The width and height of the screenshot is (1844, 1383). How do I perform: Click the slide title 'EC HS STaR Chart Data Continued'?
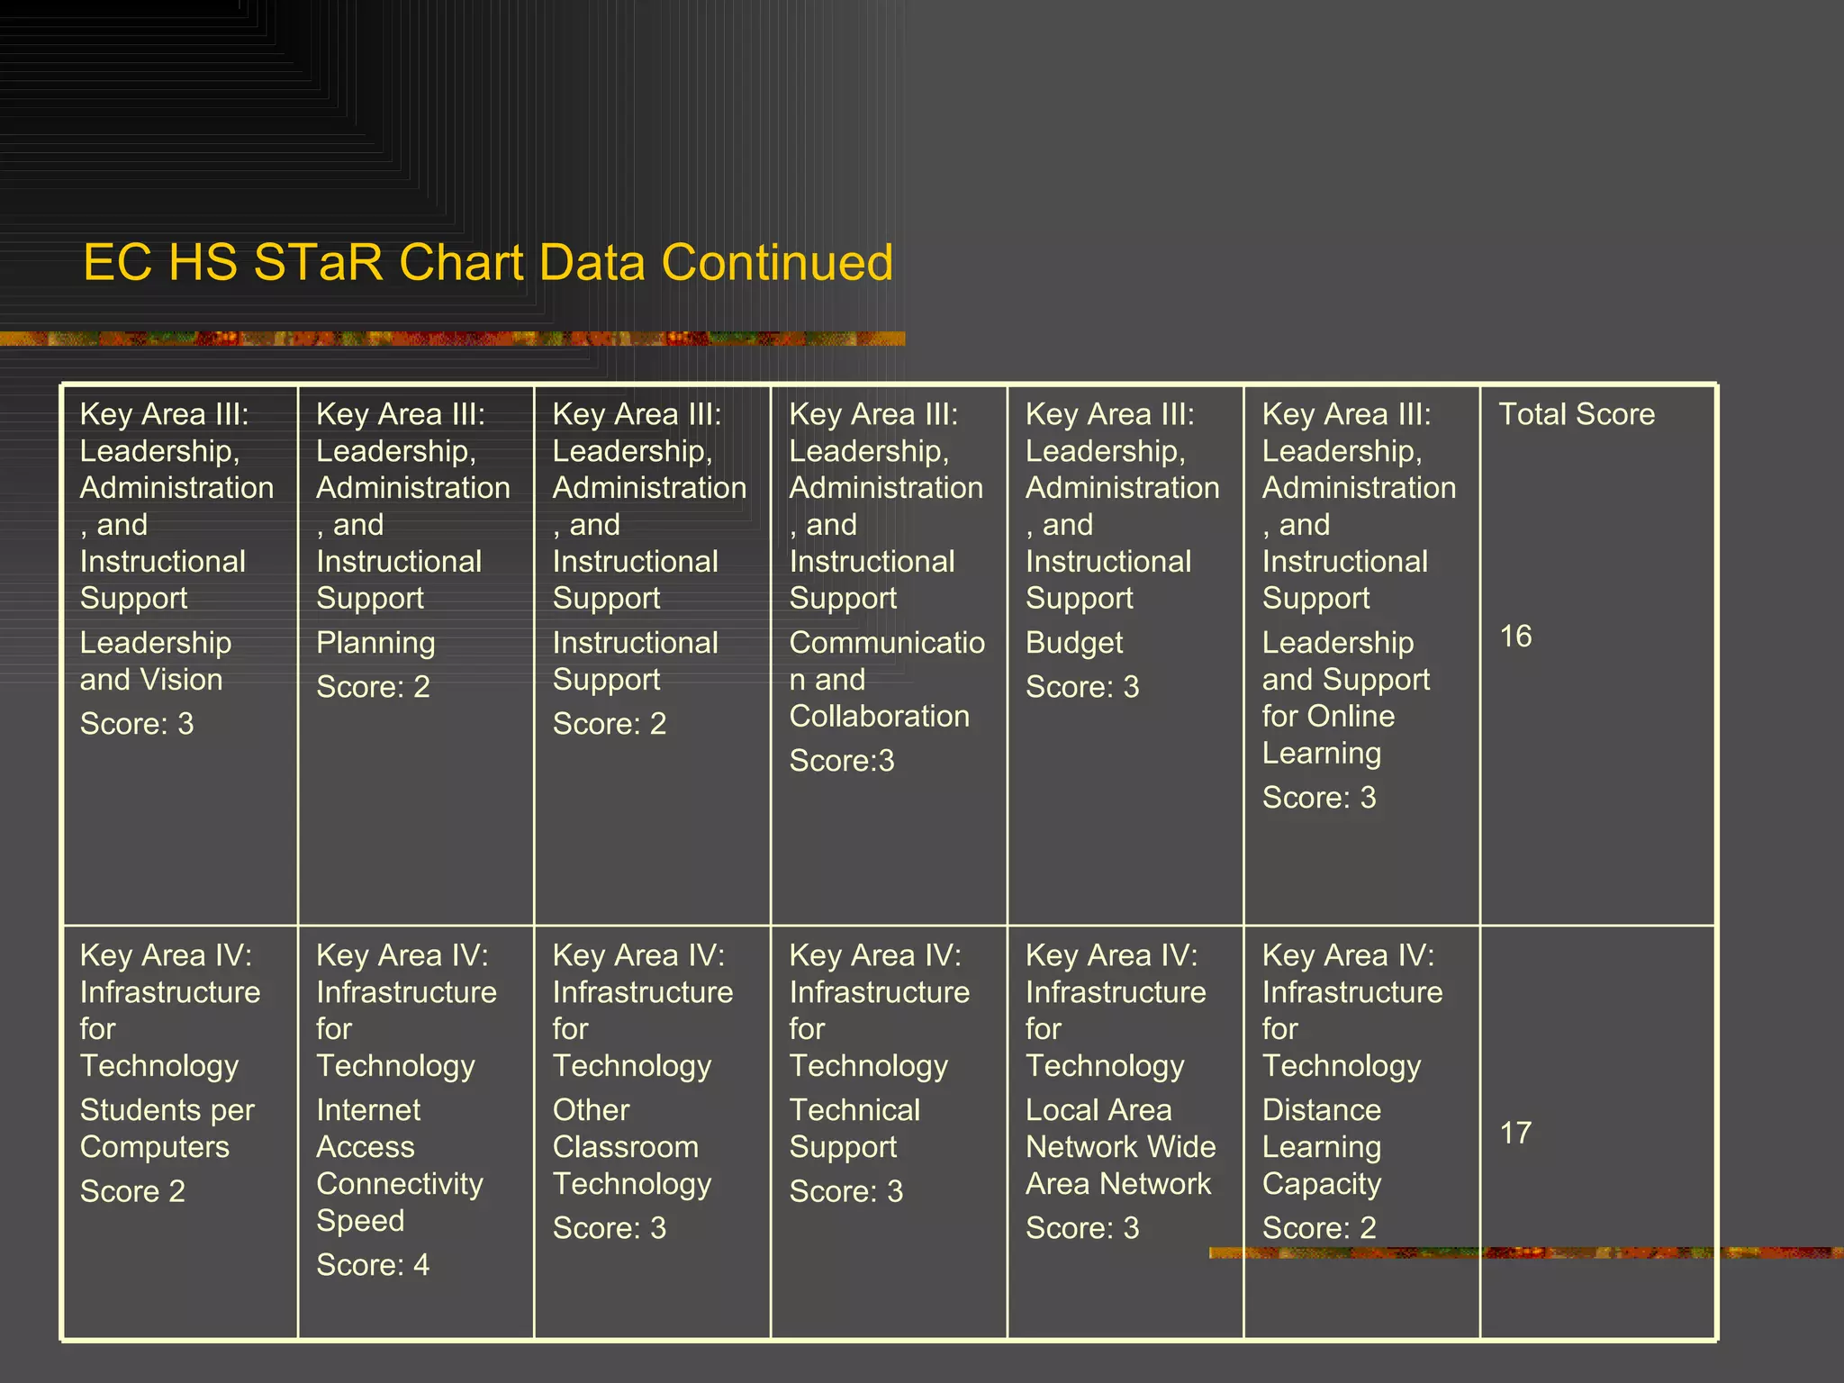pyautogui.click(x=488, y=263)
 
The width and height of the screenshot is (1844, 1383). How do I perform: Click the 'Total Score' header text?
pyautogui.click(x=1577, y=414)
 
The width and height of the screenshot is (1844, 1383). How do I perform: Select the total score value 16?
pyautogui.click(x=1515, y=637)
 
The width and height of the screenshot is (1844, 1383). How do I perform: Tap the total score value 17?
pyautogui.click(x=1515, y=1133)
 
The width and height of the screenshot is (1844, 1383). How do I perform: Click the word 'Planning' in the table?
pyautogui.click(x=375, y=643)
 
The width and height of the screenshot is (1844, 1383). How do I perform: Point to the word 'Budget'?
pyautogui.click(x=1074, y=643)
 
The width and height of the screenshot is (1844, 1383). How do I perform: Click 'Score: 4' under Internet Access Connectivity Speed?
pyautogui.click(x=373, y=1265)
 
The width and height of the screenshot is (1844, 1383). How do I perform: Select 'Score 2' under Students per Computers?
pyautogui.click(x=132, y=1191)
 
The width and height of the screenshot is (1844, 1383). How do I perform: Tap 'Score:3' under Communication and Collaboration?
pyautogui.click(x=842, y=761)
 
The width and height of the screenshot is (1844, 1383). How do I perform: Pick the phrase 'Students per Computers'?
pyautogui.click(x=167, y=1128)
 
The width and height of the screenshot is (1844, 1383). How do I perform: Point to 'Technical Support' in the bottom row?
pyautogui.click(x=854, y=1128)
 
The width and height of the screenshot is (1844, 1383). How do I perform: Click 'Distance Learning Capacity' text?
pyautogui.click(x=1322, y=1147)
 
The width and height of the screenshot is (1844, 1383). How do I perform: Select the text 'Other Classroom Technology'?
pyautogui.click(x=631, y=1147)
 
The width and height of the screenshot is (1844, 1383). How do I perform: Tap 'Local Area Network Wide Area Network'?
pyautogui.click(x=1119, y=1147)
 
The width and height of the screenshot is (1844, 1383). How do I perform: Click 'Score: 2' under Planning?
pyautogui.click(x=373, y=687)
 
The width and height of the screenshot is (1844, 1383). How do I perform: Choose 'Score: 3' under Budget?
pyautogui.click(x=1082, y=687)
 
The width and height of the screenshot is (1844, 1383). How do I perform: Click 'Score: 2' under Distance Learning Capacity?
pyautogui.click(x=1319, y=1228)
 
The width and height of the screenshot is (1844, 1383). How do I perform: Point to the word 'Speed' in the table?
pyautogui.click(x=360, y=1221)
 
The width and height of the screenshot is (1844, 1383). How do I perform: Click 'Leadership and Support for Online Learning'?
pyautogui.click(x=1344, y=698)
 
